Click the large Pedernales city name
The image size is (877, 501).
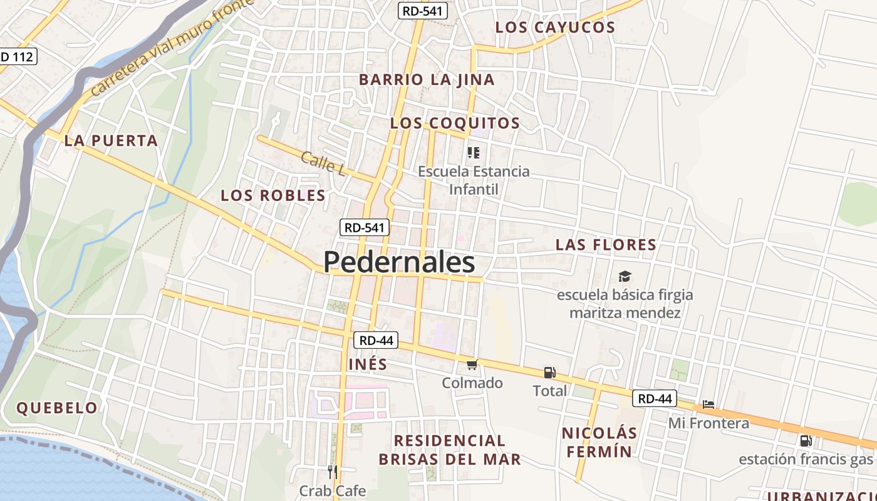(399, 262)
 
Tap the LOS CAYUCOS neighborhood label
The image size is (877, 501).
(555, 28)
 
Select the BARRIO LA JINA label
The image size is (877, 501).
(427, 80)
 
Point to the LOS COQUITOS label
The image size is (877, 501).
(455, 123)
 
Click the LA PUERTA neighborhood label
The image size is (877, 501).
(111, 141)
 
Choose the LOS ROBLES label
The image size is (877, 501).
(273, 195)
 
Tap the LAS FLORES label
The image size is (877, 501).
(606, 245)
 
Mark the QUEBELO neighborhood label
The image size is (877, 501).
(57, 408)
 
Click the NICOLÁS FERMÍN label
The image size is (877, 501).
(599, 442)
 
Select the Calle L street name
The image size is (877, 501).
(323, 163)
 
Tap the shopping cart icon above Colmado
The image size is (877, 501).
(472, 364)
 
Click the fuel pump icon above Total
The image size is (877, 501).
(549, 373)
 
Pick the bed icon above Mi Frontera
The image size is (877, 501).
(708, 405)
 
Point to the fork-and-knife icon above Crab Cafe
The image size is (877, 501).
(333, 472)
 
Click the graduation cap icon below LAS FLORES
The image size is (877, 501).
(625, 276)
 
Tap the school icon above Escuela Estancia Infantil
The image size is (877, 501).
(474, 152)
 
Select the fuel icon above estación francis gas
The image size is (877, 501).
(806, 440)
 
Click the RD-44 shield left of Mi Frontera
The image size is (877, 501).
(655, 398)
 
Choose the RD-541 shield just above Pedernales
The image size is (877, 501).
(365, 227)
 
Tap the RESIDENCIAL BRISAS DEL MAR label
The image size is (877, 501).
(449, 450)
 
